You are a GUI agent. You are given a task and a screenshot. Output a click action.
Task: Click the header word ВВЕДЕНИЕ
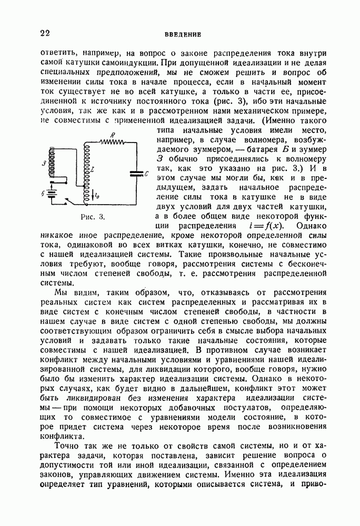(x=179, y=35)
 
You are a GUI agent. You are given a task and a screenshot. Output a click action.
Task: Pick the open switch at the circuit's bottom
(x=67, y=201)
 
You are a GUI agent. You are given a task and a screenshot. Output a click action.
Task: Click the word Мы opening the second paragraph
(x=61, y=292)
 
